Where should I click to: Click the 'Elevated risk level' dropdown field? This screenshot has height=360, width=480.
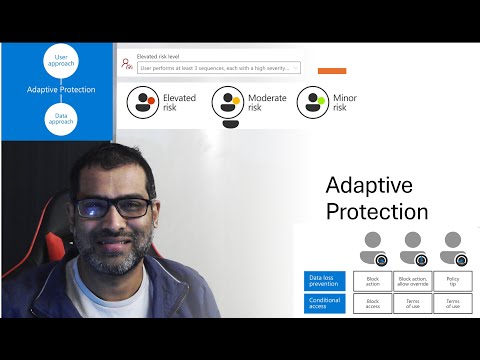(219, 68)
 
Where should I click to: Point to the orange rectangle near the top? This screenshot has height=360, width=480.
(331, 71)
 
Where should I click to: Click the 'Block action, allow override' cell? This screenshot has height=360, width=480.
(412, 281)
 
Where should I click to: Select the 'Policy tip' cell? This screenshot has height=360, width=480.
(452, 281)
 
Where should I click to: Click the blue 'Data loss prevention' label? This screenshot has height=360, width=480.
(324, 281)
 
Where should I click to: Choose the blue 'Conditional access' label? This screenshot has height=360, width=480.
(324, 302)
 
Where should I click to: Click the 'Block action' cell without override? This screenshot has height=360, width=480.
(373, 281)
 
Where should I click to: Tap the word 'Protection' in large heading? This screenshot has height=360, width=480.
(377, 211)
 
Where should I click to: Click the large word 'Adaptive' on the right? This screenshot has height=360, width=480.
(369, 185)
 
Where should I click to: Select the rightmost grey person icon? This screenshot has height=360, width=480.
(452, 246)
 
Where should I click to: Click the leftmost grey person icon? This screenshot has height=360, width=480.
(372, 246)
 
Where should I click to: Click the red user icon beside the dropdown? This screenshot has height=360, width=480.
(126, 64)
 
